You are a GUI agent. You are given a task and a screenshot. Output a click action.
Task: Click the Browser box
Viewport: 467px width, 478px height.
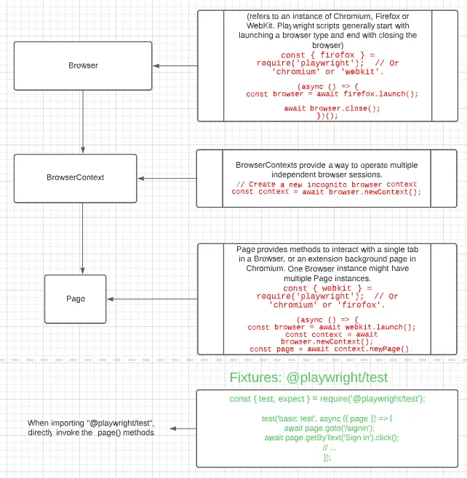(83, 65)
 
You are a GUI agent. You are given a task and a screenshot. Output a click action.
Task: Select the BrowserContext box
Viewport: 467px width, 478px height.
(75, 178)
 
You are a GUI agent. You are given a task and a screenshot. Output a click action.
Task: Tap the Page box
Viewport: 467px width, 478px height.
(75, 299)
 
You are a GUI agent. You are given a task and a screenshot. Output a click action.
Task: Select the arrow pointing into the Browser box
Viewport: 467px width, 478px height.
(175, 66)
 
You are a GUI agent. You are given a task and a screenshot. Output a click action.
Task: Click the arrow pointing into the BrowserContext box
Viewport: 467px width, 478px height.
(167, 178)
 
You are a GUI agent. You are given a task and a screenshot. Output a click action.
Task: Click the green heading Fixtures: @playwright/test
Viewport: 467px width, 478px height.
(308, 378)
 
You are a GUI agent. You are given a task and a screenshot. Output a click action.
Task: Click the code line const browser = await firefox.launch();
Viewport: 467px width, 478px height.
(332, 94)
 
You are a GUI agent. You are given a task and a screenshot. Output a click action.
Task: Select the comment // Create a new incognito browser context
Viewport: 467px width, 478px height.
(327, 185)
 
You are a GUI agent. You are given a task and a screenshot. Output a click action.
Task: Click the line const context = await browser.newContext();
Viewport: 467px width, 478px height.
(327, 192)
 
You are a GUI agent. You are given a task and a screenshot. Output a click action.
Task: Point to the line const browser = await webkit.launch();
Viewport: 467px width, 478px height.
(332, 327)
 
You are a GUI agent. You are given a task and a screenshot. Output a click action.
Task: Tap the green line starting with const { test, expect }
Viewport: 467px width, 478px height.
(327, 399)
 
